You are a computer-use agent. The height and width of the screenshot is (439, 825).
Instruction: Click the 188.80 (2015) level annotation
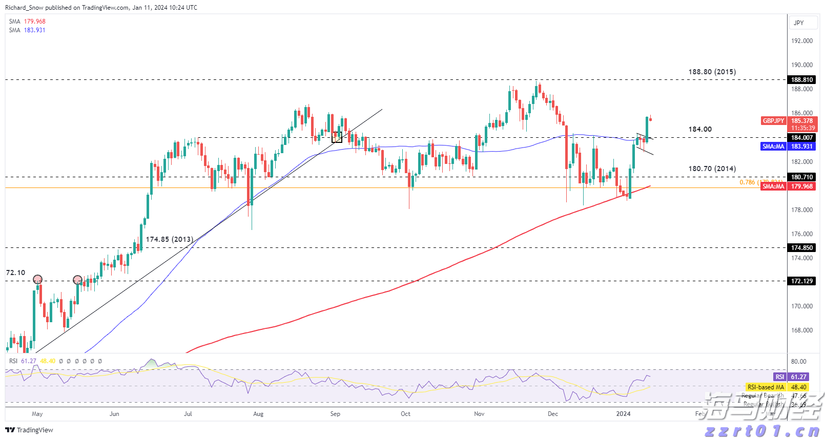[x=712, y=72]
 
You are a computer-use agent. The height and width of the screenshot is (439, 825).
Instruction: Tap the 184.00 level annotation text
[x=700, y=130]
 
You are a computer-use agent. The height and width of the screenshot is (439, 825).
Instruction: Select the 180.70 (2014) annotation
[x=712, y=169]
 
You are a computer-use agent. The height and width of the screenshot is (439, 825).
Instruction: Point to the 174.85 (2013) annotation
[x=170, y=240]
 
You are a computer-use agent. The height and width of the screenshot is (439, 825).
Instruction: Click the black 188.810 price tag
[x=801, y=80]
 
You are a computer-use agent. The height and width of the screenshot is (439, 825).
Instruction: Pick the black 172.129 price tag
[x=801, y=281]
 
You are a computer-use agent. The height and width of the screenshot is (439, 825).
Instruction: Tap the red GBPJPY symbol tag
[x=773, y=121]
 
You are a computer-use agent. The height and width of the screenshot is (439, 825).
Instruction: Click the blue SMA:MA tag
[x=773, y=147]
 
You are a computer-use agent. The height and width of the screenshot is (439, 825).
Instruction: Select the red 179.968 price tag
[x=801, y=186]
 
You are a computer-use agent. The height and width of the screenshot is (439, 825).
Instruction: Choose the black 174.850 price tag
[x=801, y=248]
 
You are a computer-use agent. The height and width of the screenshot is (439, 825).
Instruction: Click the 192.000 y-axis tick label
[x=802, y=41]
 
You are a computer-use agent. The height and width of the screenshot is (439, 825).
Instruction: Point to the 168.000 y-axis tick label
[x=802, y=330]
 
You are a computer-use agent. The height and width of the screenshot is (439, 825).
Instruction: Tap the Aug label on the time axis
[x=258, y=414]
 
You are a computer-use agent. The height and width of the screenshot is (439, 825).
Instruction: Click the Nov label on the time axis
[x=479, y=414]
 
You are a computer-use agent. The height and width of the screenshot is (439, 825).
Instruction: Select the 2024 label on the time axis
[x=623, y=414]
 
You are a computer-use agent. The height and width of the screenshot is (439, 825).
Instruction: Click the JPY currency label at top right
[x=799, y=23]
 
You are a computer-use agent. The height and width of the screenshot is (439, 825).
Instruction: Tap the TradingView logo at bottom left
[x=29, y=430]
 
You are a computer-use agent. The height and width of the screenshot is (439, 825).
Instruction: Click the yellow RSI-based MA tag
[x=766, y=387]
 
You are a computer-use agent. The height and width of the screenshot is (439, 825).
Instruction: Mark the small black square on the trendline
[x=337, y=137]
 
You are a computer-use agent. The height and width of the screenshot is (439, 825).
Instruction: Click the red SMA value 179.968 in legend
[x=35, y=22]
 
